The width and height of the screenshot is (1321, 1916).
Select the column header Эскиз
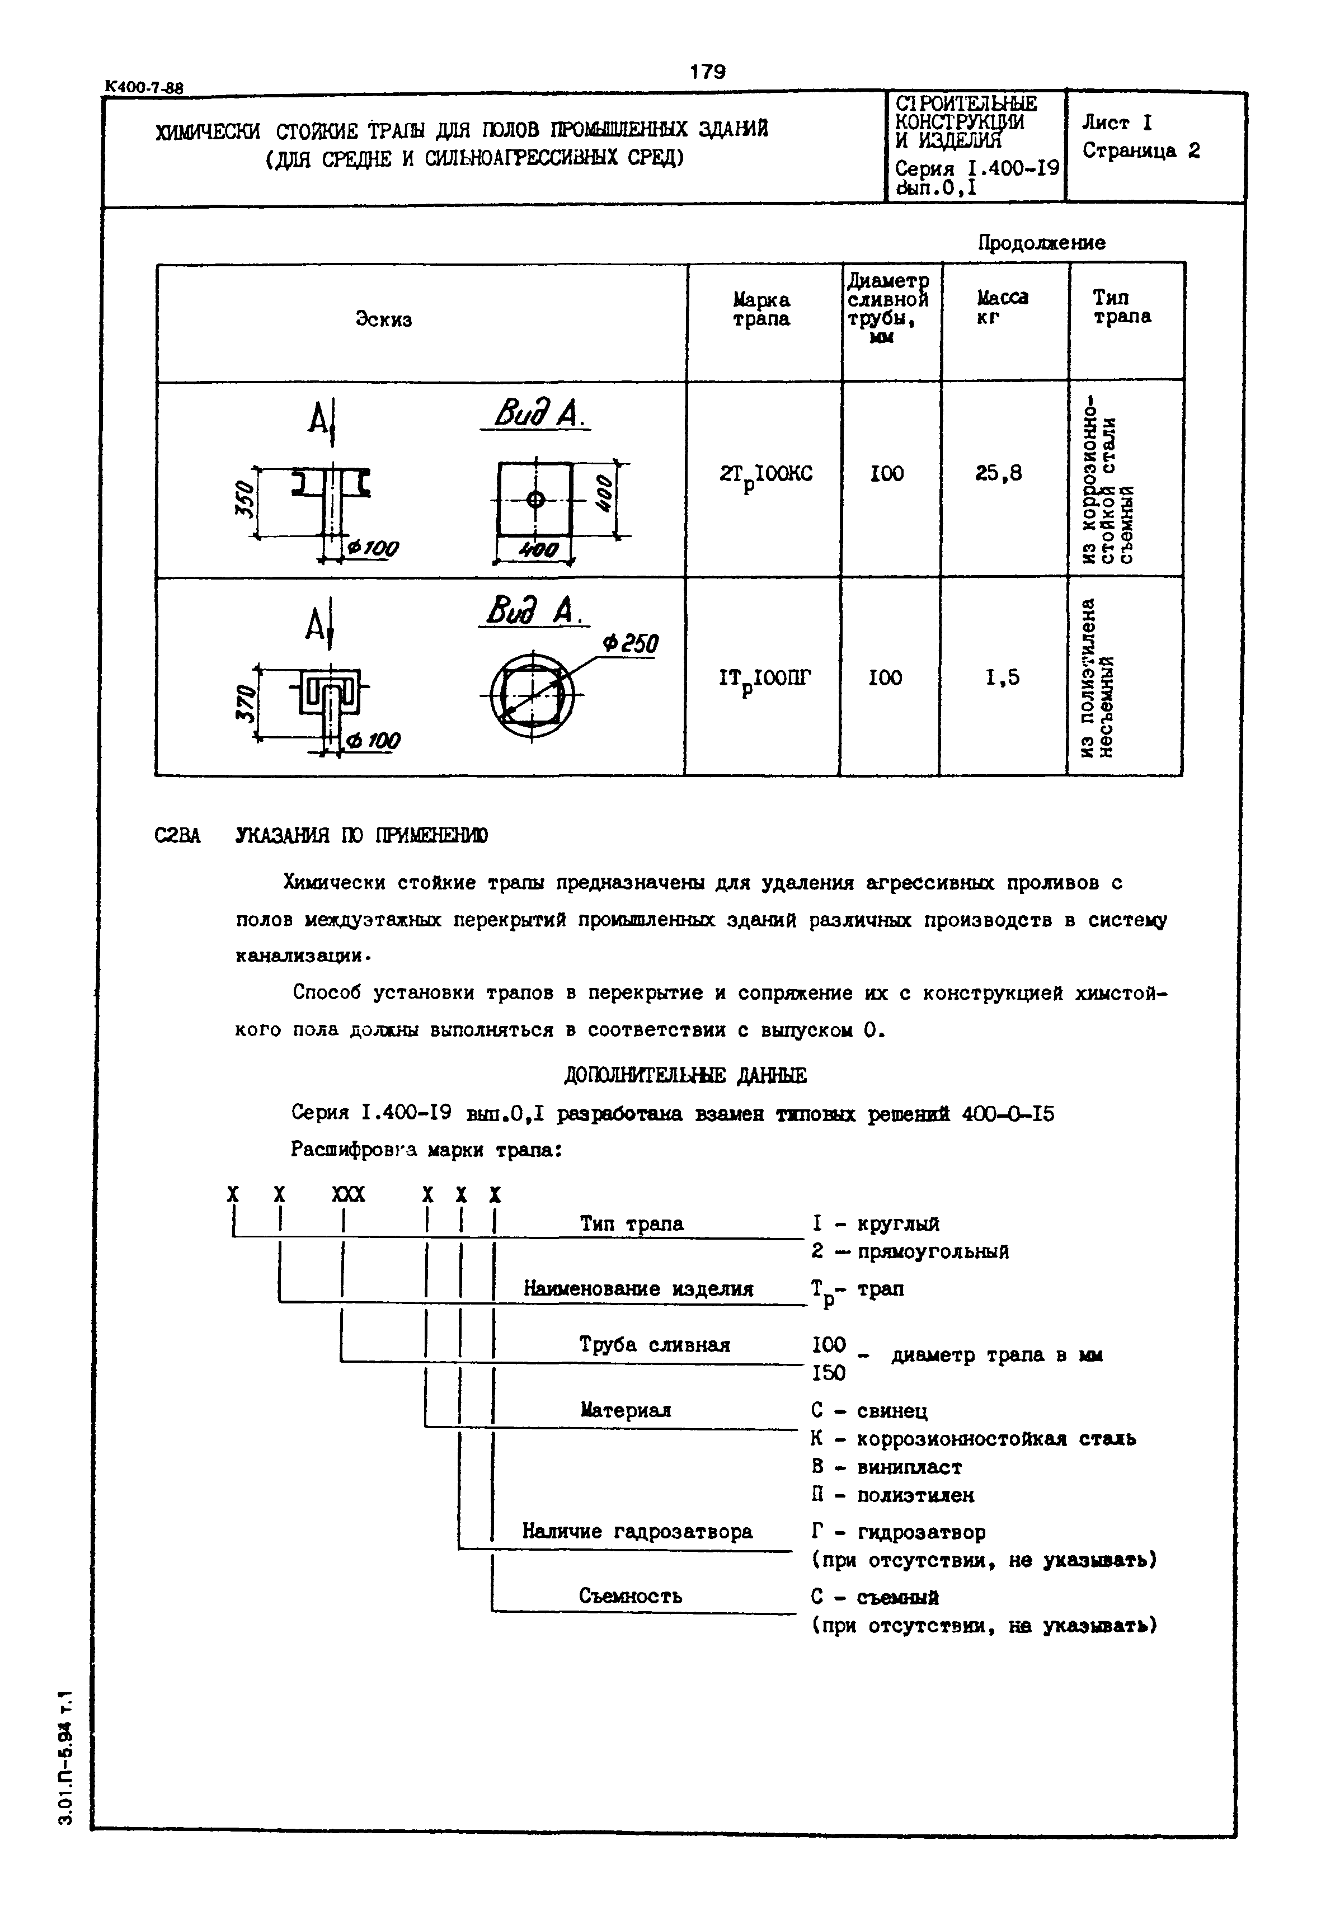(x=383, y=319)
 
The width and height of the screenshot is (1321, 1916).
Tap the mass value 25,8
(x=998, y=473)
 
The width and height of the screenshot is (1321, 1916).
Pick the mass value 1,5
(x=1002, y=678)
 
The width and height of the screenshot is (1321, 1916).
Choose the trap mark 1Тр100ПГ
(x=765, y=679)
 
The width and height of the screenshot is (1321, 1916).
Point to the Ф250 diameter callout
(x=630, y=643)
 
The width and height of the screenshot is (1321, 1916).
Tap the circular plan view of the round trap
(x=532, y=694)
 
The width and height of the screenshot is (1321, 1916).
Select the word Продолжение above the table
(x=1041, y=242)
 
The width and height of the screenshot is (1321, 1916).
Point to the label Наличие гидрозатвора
(x=637, y=1531)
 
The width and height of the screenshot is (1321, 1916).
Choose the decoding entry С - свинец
(x=869, y=1410)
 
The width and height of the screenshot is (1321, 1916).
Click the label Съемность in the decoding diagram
(x=630, y=1595)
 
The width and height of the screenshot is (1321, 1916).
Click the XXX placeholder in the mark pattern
(x=347, y=1194)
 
